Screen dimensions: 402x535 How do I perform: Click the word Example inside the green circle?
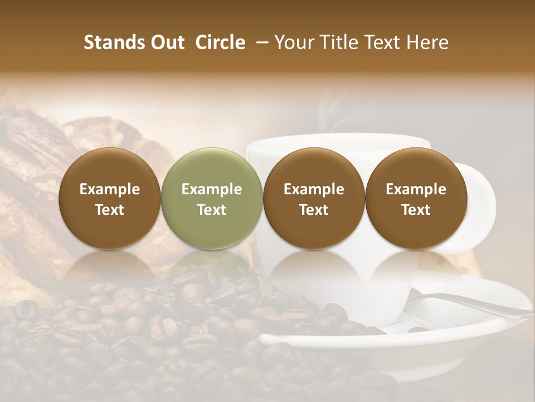coord(212,189)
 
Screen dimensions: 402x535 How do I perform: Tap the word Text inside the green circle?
coord(212,210)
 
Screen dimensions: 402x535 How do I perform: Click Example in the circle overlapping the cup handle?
coord(416,189)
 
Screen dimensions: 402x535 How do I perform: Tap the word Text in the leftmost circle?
coord(110,210)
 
